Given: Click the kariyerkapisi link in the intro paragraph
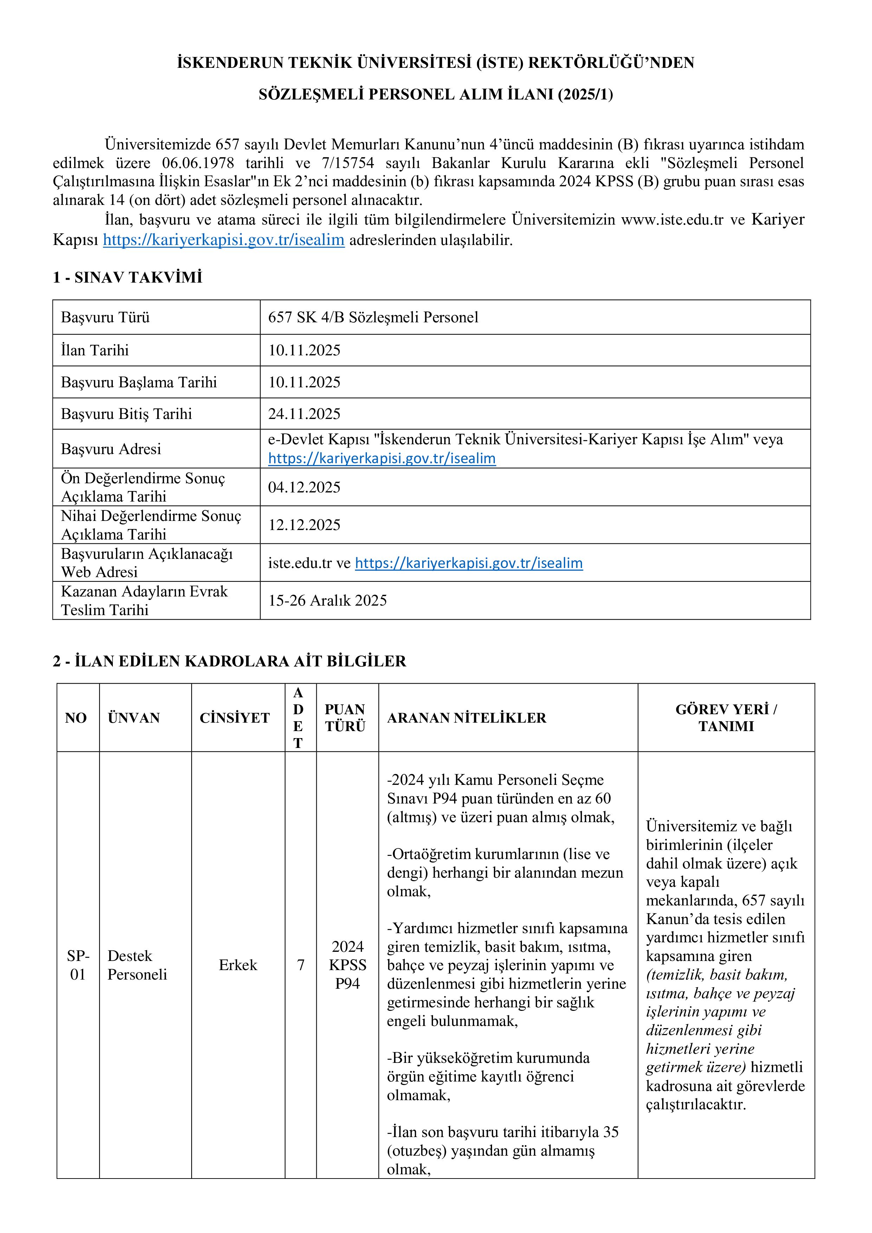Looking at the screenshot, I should coord(224,240).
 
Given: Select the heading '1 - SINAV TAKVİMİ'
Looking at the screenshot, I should coord(127,278).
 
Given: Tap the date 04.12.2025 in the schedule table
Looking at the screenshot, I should coord(304,488).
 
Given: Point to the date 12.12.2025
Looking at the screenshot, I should coord(304,525).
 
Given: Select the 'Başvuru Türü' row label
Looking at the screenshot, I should coord(105,317).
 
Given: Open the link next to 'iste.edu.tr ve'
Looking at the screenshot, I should coord(469,563).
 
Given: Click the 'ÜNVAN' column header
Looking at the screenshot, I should coord(134,718).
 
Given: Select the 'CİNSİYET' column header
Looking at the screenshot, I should coord(235,718).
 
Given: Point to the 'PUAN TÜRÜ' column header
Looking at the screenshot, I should coord(345,718).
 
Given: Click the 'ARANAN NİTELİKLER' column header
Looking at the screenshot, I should coord(467,718).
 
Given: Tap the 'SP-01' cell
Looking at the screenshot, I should coord(78,965).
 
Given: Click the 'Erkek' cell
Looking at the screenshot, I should coord(238,965).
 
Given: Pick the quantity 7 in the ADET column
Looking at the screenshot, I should coord(301,965).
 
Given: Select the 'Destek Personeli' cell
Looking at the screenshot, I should coord(137,965).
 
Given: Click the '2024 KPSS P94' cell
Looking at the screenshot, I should coord(347,965).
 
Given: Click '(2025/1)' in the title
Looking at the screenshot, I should coord(585,95).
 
